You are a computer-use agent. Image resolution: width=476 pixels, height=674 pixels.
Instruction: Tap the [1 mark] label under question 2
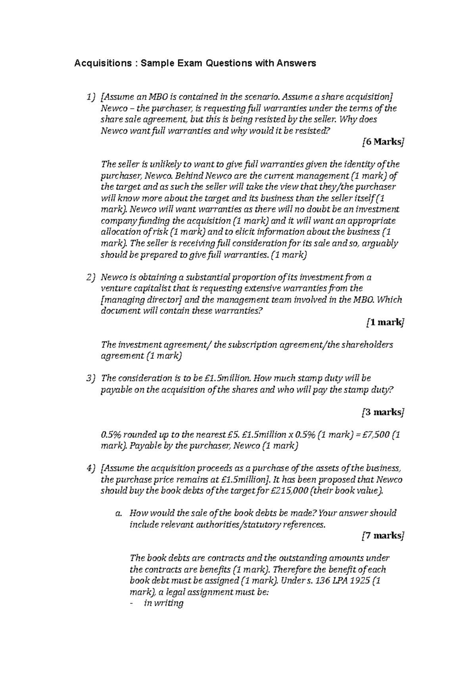click(x=384, y=322)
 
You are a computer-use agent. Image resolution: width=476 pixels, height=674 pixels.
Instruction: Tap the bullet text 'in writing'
click(x=164, y=603)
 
